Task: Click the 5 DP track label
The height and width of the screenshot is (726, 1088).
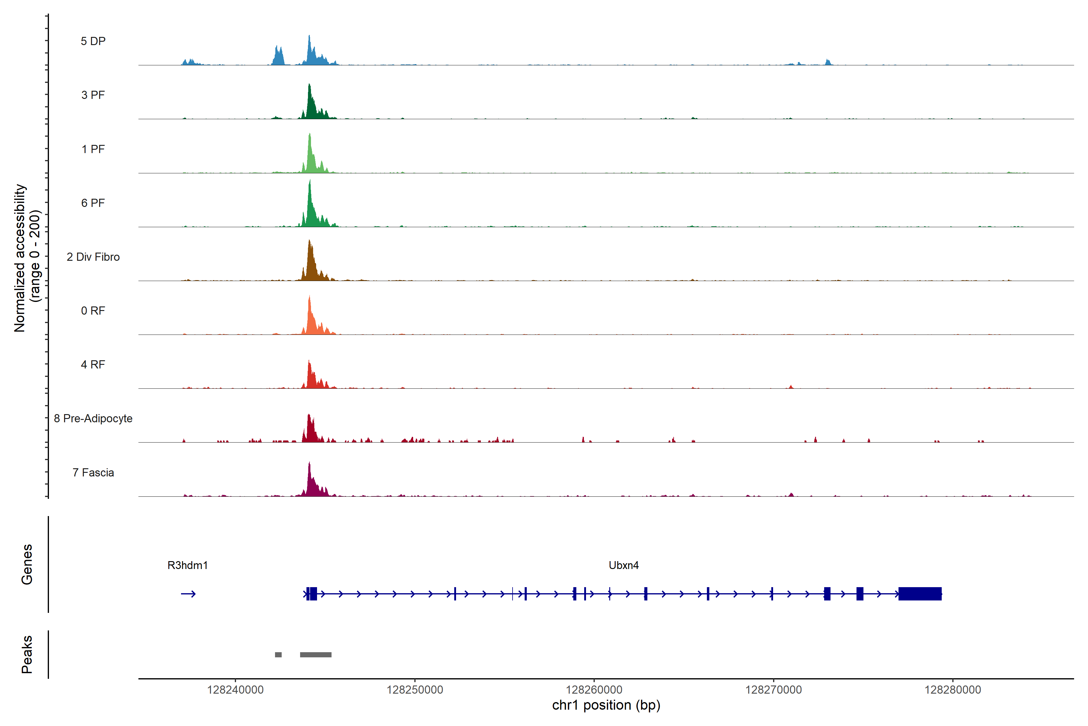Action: (x=93, y=41)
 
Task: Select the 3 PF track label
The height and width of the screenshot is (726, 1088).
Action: (x=93, y=95)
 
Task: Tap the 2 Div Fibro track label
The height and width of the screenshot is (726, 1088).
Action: (x=93, y=257)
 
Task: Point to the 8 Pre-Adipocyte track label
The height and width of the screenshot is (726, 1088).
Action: (x=93, y=419)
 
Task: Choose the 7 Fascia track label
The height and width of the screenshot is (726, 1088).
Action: (x=93, y=473)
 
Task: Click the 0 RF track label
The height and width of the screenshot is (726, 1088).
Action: (x=93, y=311)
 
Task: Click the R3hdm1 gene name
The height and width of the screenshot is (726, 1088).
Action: (x=187, y=565)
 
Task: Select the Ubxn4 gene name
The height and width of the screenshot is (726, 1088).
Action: (x=623, y=565)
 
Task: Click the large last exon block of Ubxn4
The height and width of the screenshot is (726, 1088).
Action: (x=920, y=594)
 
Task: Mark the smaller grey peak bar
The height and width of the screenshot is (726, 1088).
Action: (x=278, y=655)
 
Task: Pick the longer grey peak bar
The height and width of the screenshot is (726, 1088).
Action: (x=316, y=655)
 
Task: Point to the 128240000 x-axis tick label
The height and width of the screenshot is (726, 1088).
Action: (x=235, y=690)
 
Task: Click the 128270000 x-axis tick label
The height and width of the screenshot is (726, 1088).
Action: (x=773, y=690)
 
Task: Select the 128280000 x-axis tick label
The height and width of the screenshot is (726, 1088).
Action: (x=953, y=690)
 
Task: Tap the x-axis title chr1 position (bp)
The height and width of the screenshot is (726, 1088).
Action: (x=606, y=705)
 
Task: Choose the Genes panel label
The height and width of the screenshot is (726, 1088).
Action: (x=27, y=564)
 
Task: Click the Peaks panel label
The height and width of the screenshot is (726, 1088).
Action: (x=27, y=654)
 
